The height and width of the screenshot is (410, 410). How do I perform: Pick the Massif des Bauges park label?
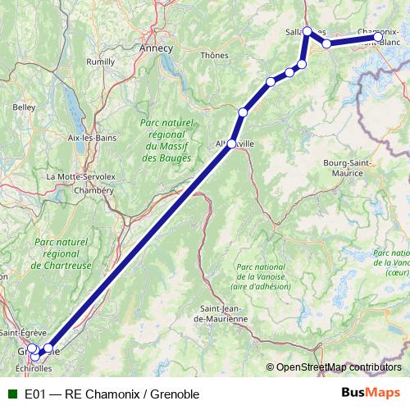tap(166, 139)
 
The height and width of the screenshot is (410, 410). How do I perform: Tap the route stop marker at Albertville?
tap(231, 143)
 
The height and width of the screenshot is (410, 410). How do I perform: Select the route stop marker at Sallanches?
tap(307, 31)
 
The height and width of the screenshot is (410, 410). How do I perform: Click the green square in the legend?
tap(11, 394)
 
